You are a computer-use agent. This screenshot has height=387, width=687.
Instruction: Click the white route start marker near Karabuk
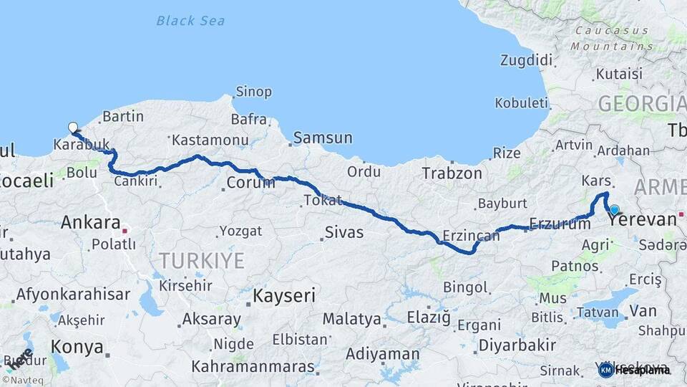72,128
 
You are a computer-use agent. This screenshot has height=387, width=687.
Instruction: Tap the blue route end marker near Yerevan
614,209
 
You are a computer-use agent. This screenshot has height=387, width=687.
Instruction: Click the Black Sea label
190,21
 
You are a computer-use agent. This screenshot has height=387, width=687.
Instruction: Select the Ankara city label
89,222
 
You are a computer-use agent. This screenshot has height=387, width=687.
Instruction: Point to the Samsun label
323,138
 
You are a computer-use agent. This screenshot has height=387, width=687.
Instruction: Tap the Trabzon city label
452,173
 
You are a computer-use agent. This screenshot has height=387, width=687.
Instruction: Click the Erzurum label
560,223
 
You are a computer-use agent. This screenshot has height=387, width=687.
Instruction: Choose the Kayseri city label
285,295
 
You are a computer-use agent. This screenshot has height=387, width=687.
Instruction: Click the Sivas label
344,232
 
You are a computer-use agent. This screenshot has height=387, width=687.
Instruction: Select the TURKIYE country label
201,261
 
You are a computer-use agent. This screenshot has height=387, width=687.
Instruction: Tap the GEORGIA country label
641,104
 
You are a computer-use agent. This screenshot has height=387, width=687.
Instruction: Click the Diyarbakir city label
517,345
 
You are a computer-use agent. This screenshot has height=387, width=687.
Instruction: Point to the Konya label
77,348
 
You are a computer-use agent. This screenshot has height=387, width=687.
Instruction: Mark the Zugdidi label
527,59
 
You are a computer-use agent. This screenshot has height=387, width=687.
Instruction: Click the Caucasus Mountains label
620,38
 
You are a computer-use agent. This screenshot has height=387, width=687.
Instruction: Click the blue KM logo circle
605,370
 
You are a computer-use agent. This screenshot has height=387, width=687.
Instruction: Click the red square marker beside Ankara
125,231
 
